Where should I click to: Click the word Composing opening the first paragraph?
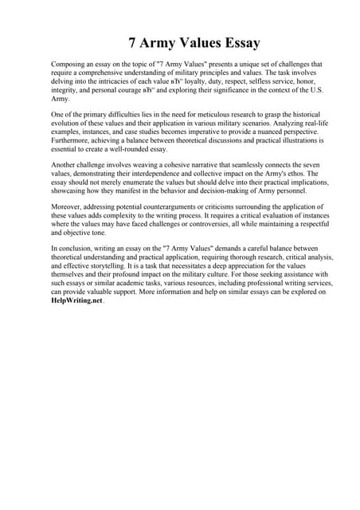point(69,63)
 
